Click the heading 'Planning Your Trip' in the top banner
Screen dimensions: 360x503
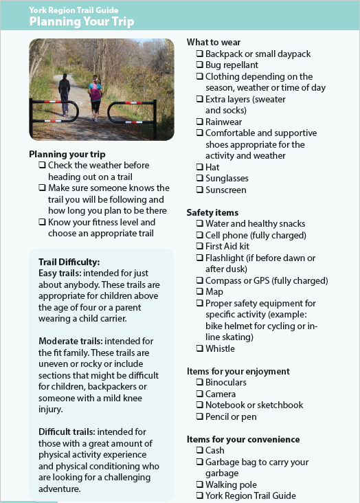pyautogui.click(x=81, y=22)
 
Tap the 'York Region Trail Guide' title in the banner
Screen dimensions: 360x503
pyautogui.click(x=74, y=10)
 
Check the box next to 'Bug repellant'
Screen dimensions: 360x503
pyautogui.click(x=199, y=65)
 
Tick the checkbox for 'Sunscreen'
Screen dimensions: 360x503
pyautogui.click(x=199, y=190)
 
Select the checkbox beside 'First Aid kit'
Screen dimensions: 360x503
pyautogui.click(x=199, y=246)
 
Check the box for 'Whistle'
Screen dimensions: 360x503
pyautogui.click(x=199, y=349)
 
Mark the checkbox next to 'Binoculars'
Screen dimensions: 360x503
pyautogui.click(x=199, y=383)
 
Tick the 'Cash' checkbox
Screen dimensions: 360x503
pyautogui.click(x=199, y=451)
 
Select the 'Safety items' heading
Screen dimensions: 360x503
pyautogui.click(x=212, y=213)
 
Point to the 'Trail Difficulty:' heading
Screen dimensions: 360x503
pyautogui.click(x=69, y=262)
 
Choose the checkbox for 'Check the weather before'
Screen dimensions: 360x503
pyautogui.click(x=42, y=166)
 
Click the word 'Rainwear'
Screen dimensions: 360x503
pyautogui.click(x=225, y=122)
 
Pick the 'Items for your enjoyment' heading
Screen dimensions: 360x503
pyautogui.click(x=238, y=371)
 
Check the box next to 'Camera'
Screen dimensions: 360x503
pyautogui.click(x=199, y=394)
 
